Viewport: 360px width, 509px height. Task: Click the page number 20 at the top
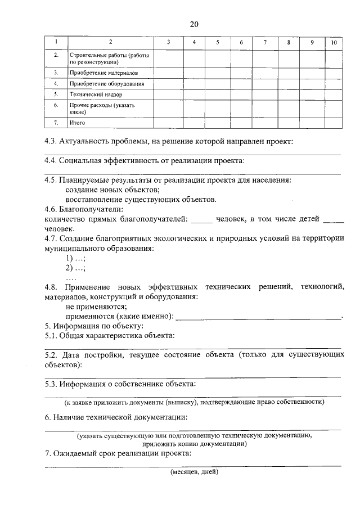point(194,24)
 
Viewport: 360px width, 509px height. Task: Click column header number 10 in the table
point(333,42)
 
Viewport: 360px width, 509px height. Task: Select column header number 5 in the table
point(217,42)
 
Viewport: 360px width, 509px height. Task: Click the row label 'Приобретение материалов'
point(103,73)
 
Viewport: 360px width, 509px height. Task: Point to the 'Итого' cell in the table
point(76,122)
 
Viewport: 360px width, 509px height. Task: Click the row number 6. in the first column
point(56,105)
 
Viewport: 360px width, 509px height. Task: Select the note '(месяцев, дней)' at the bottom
point(194,472)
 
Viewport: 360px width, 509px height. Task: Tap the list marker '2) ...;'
point(75,268)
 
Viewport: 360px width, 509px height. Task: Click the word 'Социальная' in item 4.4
point(87,160)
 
